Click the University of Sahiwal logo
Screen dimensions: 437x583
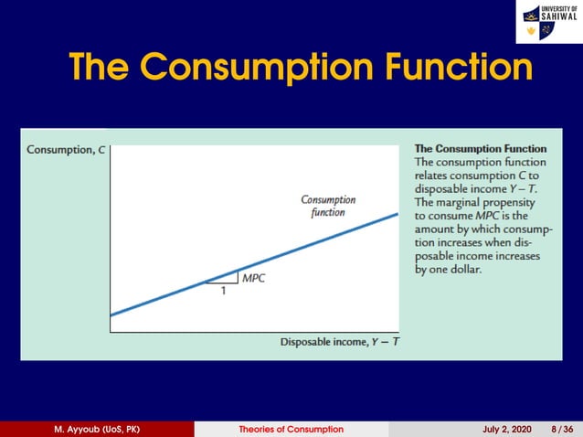(x=547, y=22)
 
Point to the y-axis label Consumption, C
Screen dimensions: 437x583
(x=66, y=150)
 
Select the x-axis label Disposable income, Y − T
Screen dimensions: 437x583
(x=340, y=342)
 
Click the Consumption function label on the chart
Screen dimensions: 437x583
(x=327, y=206)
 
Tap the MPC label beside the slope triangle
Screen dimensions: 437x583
(x=253, y=278)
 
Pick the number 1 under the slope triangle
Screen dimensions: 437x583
(x=222, y=293)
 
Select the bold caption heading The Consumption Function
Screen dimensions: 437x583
(x=481, y=148)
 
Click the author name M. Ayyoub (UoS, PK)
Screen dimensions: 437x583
(x=97, y=429)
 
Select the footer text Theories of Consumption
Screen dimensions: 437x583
(x=291, y=429)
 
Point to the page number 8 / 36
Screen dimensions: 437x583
(x=561, y=429)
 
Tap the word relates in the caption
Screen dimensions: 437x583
(x=434, y=175)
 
